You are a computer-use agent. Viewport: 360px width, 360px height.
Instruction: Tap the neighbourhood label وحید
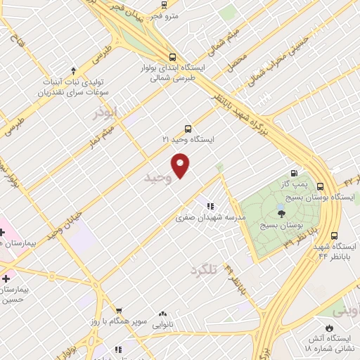click(x=157, y=178)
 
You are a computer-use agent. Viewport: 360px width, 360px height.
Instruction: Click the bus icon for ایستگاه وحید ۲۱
click(x=187, y=129)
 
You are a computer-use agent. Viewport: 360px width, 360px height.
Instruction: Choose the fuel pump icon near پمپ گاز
click(x=294, y=174)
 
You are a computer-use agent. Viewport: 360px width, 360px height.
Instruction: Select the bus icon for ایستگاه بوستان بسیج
click(x=321, y=187)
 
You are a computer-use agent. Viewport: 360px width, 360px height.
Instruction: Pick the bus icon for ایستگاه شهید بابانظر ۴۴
click(x=334, y=236)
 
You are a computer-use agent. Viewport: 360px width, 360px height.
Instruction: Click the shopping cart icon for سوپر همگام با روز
click(x=119, y=310)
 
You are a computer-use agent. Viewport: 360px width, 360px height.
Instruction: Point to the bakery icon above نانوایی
click(x=163, y=314)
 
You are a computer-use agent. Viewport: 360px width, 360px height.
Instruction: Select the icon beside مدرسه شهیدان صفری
click(x=210, y=206)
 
